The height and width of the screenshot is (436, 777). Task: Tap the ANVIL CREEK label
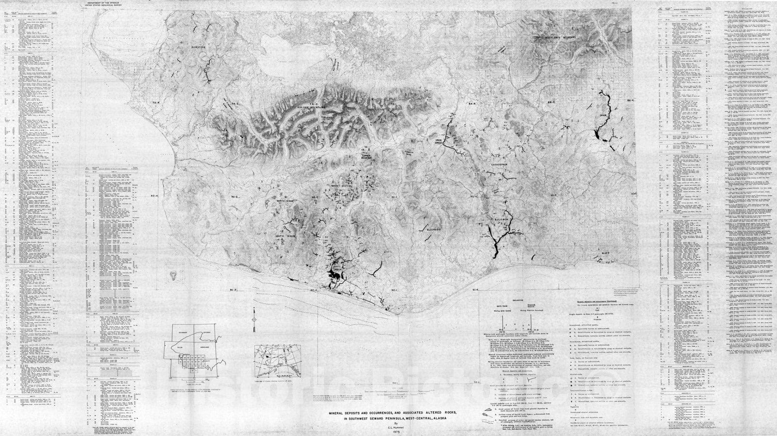coord(336,268)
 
